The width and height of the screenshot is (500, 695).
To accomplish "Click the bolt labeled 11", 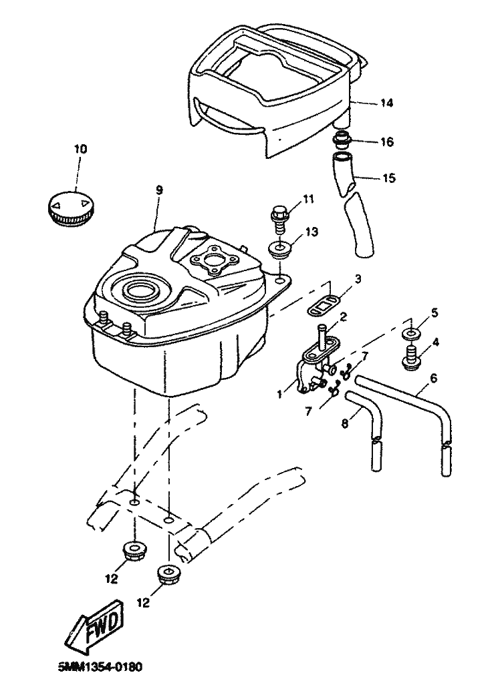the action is pos(279,218).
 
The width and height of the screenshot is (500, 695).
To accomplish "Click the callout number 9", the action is pos(159,190).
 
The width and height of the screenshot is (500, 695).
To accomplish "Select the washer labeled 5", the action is pos(412,333).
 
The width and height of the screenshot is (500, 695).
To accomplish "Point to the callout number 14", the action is pos(387,103).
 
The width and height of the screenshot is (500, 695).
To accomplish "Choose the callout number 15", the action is pos(388,178).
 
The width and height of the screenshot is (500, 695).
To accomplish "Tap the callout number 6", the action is pos(433,378).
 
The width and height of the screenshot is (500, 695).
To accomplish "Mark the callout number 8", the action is pos(345,423).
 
